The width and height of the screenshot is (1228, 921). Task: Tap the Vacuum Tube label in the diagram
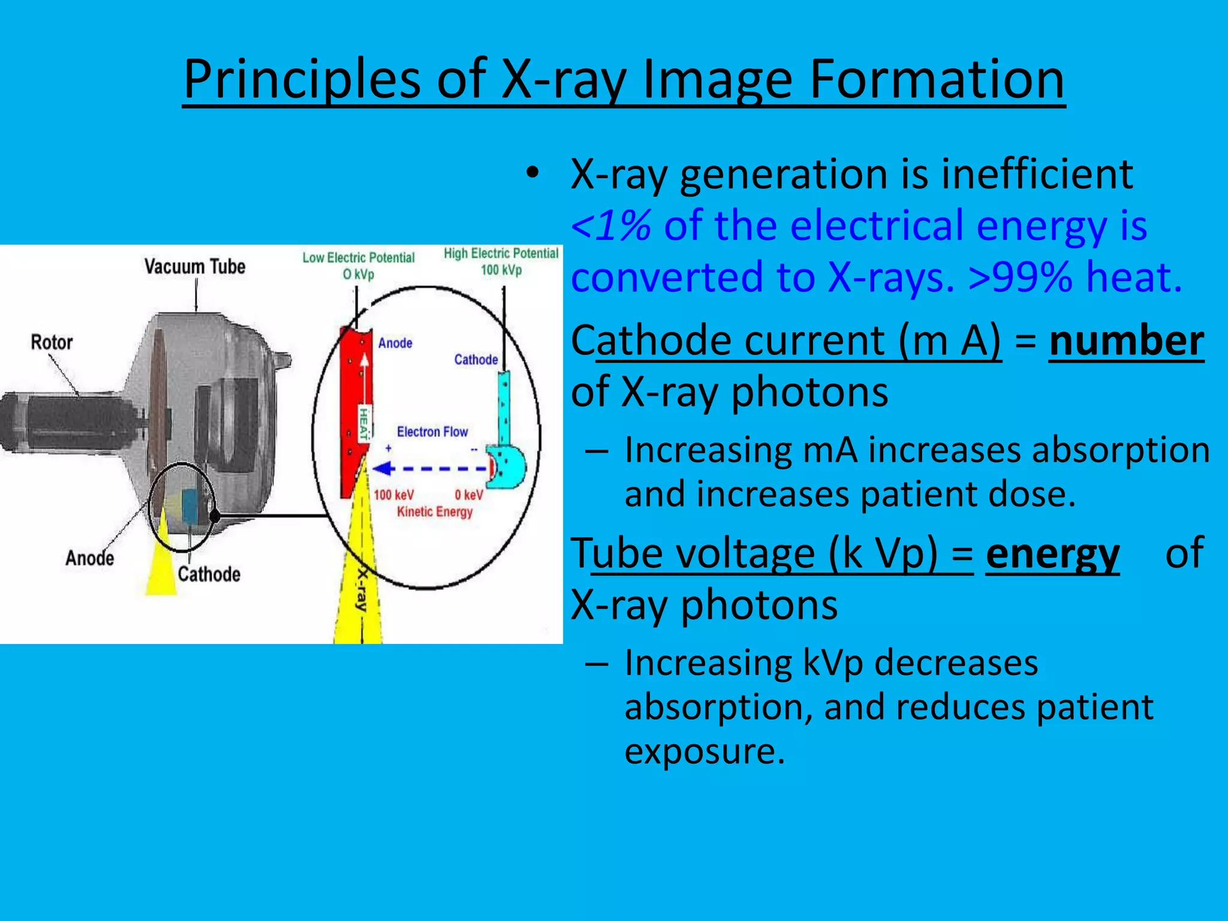tap(195, 266)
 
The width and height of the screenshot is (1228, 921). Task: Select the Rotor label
tap(52, 342)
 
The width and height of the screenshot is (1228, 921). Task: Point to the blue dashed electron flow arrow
tap(432, 468)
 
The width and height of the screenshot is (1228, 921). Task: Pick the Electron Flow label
tap(432, 432)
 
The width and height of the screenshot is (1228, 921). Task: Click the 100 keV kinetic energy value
tap(393, 495)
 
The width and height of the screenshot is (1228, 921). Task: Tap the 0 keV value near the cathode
tap(468, 495)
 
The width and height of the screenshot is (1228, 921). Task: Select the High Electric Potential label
tap(501, 254)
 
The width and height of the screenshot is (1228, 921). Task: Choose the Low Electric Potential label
tap(359, 258)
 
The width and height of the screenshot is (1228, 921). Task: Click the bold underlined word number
tap(1126, 341)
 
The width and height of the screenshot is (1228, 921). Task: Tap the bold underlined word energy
tap(1052, 553)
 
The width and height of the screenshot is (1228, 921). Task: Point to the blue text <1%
tap(610, 225)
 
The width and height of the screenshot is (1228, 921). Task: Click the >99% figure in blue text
tap(1019, 277)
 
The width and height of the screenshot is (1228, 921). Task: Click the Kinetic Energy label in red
tap(435, 512)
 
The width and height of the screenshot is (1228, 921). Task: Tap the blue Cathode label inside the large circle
tap(476, 360)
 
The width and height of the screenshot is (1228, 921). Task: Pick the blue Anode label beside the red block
tap(395, 343)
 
